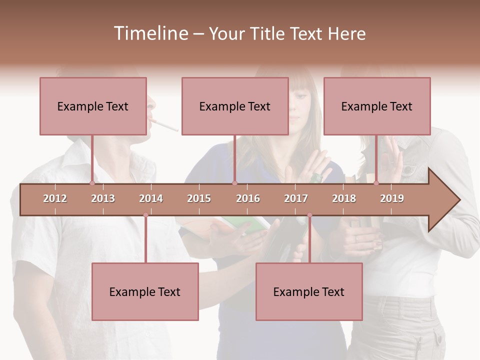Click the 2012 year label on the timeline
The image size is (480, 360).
click(55, 198)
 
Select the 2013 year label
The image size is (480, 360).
click(103, 198)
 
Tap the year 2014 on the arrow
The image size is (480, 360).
click(151, 198)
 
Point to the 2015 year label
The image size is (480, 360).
click(199, 198)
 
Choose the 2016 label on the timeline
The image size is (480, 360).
click(248, 198)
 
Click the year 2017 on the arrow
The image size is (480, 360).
click(296, 198)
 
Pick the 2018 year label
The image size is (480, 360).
click(344, 198)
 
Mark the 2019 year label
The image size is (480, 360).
click(392, 198)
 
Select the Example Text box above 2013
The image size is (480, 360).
click(93, 106)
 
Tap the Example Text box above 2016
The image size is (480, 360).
click(235, 106)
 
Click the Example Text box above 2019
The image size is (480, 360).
click(377, 106)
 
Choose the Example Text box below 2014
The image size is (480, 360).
click(145, 291)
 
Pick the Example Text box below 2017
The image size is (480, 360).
click(309, 291)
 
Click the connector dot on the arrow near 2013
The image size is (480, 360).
click(92, 183)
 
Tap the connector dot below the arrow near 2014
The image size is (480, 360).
click(145, 215)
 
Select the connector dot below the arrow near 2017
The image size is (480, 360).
click(309, 215)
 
